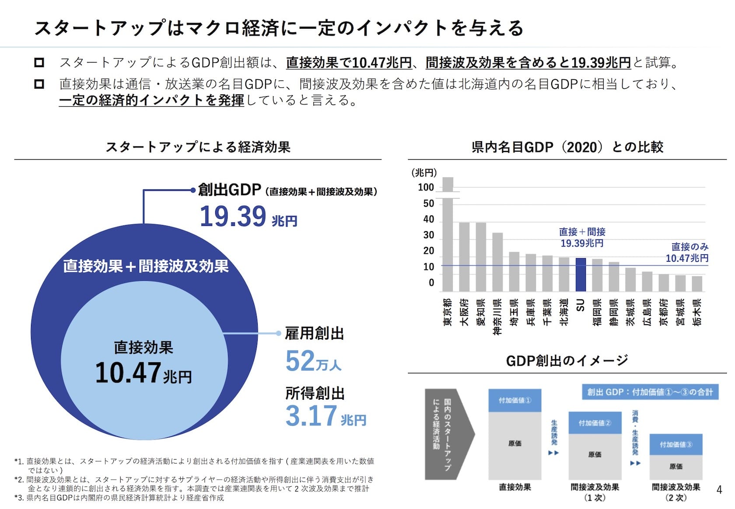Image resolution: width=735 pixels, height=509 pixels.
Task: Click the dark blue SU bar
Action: pyautogui.click(x=580, y=275)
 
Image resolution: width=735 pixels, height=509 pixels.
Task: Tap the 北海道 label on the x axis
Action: pyautogui.click(x=564, y=312)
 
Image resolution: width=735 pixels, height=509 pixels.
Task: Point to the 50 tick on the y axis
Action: pyautogui.click(x=428, y=204)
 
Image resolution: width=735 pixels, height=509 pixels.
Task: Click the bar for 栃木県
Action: pyautogui.click(x=696, y=284)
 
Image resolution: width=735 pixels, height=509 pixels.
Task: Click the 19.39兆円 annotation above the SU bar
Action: pyautogui.click(x=582, y=243)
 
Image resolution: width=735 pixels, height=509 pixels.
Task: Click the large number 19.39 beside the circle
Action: pyautogui.click(x=233, y=216)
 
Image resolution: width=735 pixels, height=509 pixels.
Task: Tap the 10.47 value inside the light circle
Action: pyautogui.click(x=128, y=373)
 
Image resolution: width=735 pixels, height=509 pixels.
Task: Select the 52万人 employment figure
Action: pyautogui.click(x=313, y=361)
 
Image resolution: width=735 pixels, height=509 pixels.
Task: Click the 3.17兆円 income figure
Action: pyautogui.click(x=325, y=416)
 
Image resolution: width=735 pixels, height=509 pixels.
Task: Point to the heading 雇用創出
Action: pyautogui.click(x=314, y=333)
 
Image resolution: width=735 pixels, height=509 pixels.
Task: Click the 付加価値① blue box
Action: pyautogui.click(x=514, y=400)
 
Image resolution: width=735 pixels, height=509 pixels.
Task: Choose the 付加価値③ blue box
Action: pyautogui.click(x=675, y=444)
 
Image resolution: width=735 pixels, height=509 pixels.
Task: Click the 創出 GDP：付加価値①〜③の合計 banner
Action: pyautogui.click(x=650, y=392)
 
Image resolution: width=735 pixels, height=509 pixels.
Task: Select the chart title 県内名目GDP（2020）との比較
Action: pyautogui.click(x=567, y=147)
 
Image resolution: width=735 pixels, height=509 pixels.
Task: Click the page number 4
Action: pyautogui.click(x=719, y=490)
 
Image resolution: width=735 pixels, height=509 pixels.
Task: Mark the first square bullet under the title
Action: pyautogui.click(x=39, y=62)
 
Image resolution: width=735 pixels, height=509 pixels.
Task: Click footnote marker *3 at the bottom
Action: pyautogui.click(x=19, y=498)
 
